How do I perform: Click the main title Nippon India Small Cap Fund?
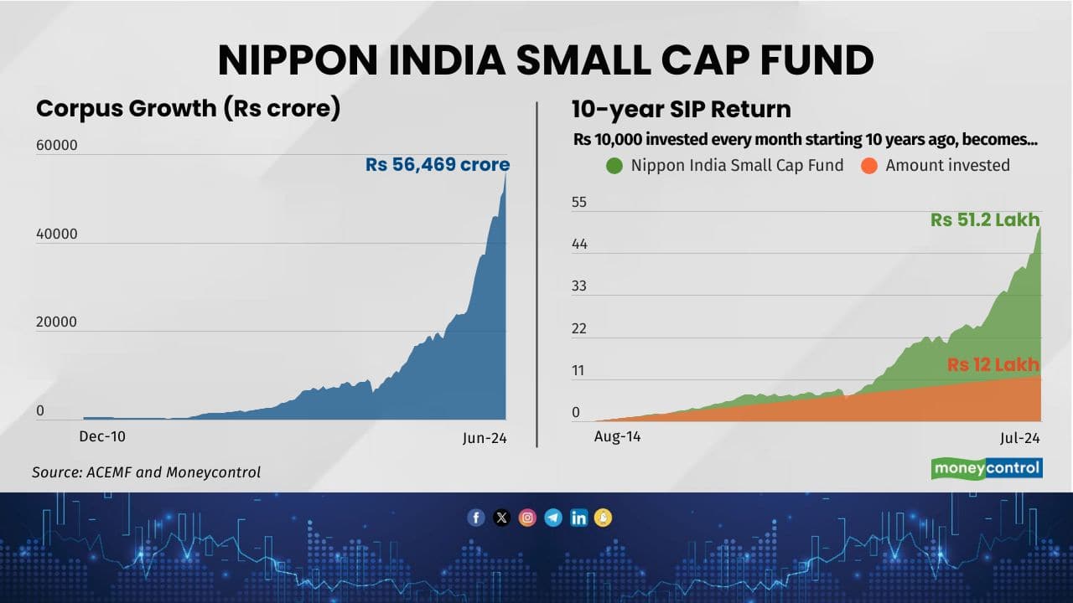[545, 60]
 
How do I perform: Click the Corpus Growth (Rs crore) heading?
[188, 109]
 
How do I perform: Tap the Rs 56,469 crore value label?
[437, 165]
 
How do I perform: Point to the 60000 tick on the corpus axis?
[57, 146]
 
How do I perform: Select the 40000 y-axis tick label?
[57, 234]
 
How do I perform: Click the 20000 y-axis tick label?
[57, 322]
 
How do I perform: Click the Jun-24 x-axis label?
[485, 438]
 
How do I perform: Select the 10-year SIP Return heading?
[681, 109]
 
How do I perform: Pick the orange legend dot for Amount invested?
[868, 165]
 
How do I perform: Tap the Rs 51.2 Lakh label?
[984, 220]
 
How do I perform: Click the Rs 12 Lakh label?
[993, 364]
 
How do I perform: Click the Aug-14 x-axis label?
[617, 436]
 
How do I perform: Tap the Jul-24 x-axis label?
[1019, 438]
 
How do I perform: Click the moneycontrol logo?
[987, 468]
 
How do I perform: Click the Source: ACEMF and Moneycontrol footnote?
[146, 472]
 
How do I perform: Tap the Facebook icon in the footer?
[476, 518]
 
